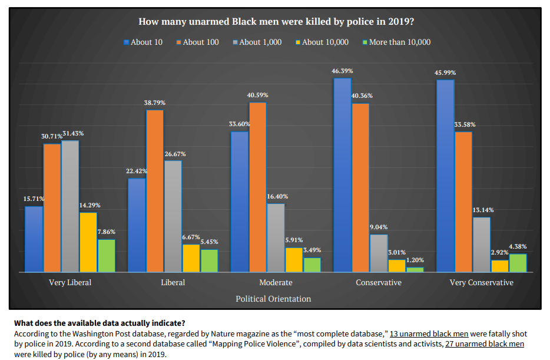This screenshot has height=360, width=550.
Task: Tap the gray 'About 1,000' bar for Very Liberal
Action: point(70,206)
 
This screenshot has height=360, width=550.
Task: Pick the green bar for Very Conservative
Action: point(518,263)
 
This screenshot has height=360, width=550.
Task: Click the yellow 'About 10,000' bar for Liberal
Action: point(191,258)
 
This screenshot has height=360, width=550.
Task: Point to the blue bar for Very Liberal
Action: point(34,239)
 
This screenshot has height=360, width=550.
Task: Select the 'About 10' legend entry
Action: point(143,42)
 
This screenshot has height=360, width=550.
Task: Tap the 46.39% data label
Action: point(342,71)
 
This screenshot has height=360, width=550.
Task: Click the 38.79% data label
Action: point(155,103)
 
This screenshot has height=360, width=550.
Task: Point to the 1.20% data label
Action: point(415,260)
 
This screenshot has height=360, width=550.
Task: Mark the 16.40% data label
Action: point(277,196)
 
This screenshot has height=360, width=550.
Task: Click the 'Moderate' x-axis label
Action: point(276,283)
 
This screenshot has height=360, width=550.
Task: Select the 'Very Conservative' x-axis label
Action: point(481,283)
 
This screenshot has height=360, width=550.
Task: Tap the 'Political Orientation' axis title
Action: point(273,299)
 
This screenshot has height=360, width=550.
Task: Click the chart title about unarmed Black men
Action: point(276,22)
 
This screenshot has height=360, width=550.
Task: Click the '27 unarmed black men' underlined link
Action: point(484,343)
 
